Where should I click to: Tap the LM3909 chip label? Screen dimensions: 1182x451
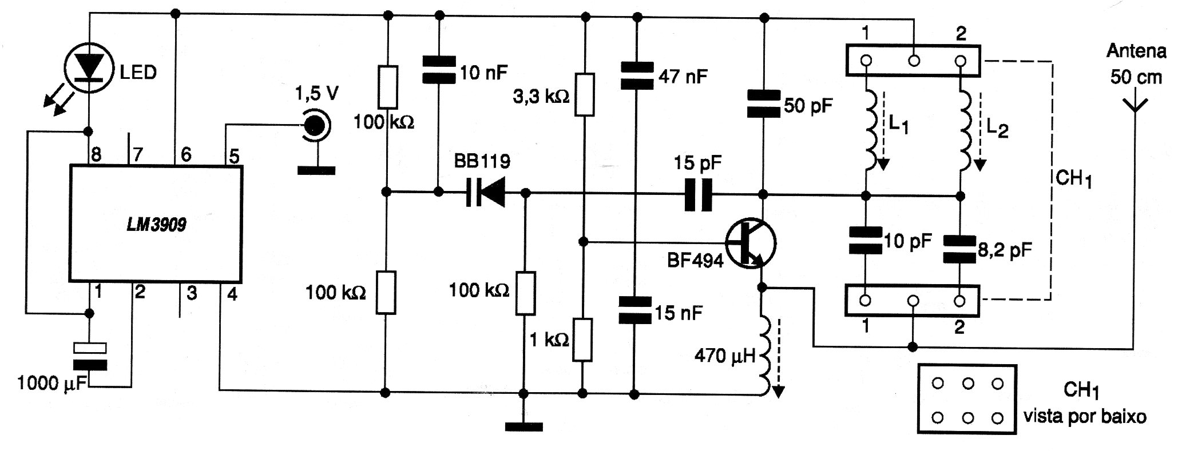point(156,225)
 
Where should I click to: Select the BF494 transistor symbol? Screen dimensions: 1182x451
point(750,242)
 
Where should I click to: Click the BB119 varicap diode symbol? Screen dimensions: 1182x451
point(486,193)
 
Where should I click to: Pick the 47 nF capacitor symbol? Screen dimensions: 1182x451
point(636,76)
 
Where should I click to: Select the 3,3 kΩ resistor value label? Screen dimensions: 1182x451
point(541,97)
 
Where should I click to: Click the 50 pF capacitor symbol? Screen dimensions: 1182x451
point(764,104)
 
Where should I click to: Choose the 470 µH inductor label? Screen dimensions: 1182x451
point(725,356)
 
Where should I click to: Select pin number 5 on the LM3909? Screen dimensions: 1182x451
point(233,157)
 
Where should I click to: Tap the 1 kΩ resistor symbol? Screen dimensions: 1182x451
point(582,340)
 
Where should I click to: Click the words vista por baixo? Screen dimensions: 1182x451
point(1085,417)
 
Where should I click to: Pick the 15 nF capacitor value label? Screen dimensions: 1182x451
point(679,313)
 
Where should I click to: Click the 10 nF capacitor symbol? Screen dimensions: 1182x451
point(439,69)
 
